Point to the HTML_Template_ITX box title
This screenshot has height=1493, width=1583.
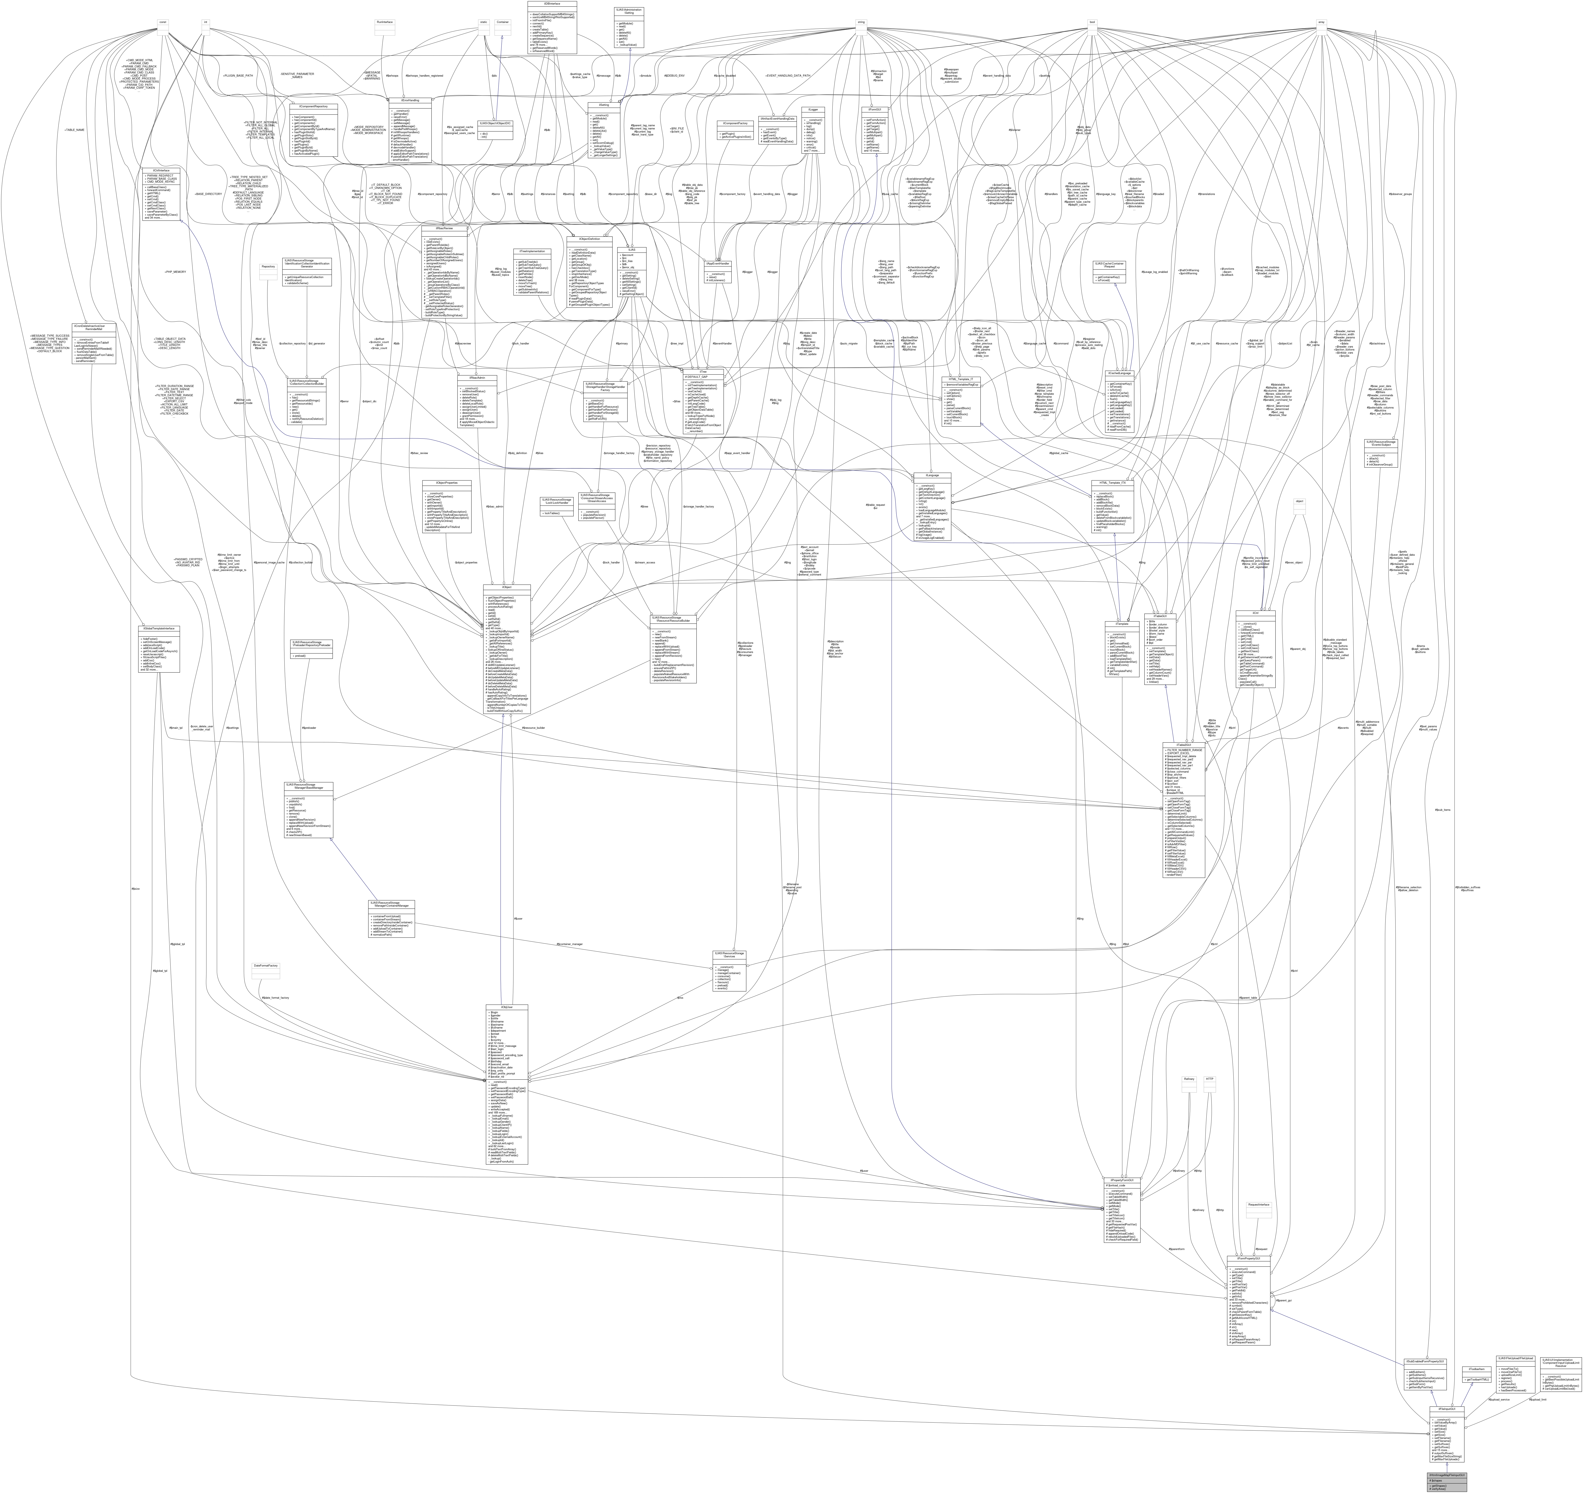pyautogui.click(x=1114, y=483)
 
